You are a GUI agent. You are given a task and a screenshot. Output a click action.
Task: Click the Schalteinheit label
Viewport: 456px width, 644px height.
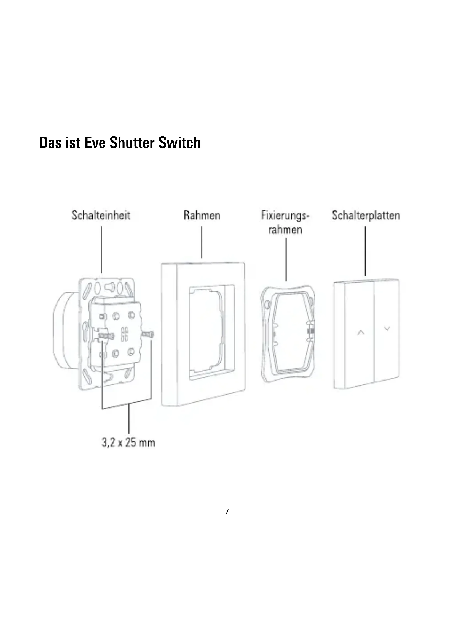click(x=101, y=215)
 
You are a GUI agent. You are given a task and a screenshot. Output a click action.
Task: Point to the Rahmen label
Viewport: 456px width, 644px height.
click(x=202, y=215)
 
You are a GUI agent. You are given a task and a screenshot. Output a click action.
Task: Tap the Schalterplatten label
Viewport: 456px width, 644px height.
click(x=366, y=215)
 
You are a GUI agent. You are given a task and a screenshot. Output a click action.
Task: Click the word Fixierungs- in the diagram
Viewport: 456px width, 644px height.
click(x=285, y=215)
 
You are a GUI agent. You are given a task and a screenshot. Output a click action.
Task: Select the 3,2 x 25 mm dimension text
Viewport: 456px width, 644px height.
click(x=128, y=442)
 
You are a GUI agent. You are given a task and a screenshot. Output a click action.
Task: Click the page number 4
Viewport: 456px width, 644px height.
click(x=228, y=513)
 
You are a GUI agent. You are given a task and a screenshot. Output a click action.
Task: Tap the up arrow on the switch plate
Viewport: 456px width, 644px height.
click(x=361, y=333)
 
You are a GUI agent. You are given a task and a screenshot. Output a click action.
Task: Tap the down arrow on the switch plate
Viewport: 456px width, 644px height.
click(x=387, y=328)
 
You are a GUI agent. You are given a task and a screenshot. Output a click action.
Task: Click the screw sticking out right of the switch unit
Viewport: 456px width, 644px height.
click(x=148, y=334)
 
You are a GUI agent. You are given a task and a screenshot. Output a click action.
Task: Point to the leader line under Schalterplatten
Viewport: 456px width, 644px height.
click(x=365, y=251)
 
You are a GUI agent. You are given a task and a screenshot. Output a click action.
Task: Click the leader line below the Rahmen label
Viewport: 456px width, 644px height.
click(x=202, y=242)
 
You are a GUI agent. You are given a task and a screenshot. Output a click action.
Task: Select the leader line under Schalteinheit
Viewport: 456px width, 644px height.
click(x=101, y=250)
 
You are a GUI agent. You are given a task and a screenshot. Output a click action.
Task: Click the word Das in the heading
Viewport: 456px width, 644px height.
click(x=50, y=143)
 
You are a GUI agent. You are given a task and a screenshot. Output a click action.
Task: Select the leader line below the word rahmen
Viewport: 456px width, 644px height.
click(x=286, y=259)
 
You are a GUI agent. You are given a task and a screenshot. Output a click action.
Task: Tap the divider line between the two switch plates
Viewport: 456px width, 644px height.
click(x=374, y=332)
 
